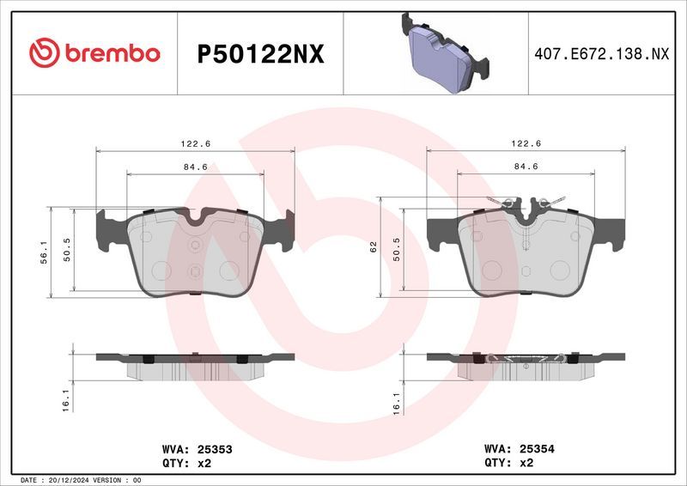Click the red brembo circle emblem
[43, 53]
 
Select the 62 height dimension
[374, 247]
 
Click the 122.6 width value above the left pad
[195, 144]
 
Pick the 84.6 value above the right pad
[526, 166]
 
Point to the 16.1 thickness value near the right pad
[397, 403]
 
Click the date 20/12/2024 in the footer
[77, 480]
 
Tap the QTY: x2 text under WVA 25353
[186, 462]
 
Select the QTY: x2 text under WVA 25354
[509, 462]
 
